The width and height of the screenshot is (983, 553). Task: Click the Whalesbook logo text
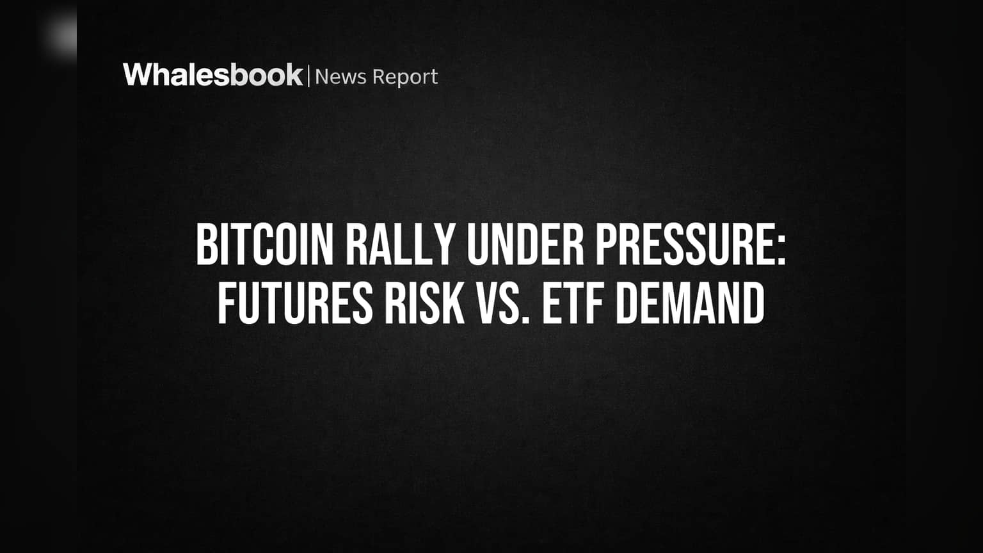coord(213,75)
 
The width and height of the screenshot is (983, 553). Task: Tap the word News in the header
coord(340,77)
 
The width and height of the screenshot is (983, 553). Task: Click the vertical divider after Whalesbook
coord(309,76)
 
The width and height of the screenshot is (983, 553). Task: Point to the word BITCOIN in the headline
coord(264,245)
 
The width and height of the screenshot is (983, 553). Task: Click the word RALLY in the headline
coord(399,245)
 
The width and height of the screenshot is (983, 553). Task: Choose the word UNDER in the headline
coord(524,245)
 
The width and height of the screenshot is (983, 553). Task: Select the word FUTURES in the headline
coord(295,304)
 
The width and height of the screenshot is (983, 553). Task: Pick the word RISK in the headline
coord(425,304)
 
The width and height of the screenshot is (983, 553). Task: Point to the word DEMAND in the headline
coord(690,304)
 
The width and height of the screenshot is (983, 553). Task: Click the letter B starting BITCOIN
coord(205,245)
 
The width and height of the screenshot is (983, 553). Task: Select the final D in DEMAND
coord(754,304)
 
